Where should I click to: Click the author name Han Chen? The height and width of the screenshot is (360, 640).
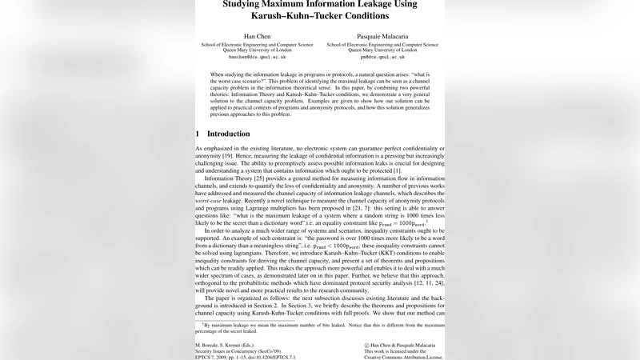tap(256, 36)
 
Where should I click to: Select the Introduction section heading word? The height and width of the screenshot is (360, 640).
tap(228, 134)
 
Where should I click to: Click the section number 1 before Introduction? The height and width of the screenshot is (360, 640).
tap(198, 134)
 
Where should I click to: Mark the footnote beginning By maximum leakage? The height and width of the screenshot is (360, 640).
tap(320, 329)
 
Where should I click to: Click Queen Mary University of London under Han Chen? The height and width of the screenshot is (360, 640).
tap(256, 50)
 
